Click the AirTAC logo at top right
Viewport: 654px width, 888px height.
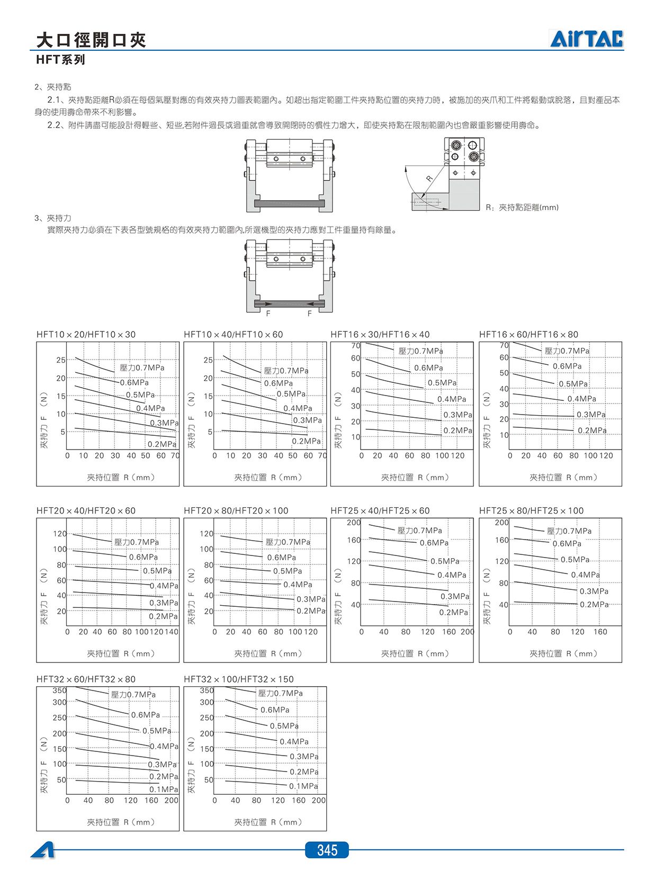(587, 39)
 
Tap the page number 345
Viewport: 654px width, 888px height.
(327, 850)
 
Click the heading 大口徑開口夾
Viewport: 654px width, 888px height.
(91, 40)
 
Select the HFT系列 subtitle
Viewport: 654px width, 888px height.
(61, 60)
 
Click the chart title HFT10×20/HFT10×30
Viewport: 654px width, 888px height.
(86, 335)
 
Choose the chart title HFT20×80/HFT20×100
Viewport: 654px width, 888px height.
(236, 510)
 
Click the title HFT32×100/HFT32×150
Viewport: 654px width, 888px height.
(239, 679)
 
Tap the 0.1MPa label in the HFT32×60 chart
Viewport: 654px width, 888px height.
(164, 790)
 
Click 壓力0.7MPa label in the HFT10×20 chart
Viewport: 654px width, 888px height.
(142, 367)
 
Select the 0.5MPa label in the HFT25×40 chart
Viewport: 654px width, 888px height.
(445, 561)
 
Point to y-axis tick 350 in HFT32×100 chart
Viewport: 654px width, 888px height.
(207, 690)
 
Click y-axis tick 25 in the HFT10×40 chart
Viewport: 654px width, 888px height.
(208, 360)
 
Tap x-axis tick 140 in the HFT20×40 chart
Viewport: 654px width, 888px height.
(171, 632)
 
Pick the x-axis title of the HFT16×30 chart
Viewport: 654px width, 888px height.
(415, 477)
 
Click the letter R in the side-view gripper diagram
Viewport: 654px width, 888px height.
(429, 178)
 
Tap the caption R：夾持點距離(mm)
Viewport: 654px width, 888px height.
(522, 208)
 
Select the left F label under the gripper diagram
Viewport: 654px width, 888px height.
(268, 313)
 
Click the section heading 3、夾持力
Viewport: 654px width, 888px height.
(53, 218)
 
